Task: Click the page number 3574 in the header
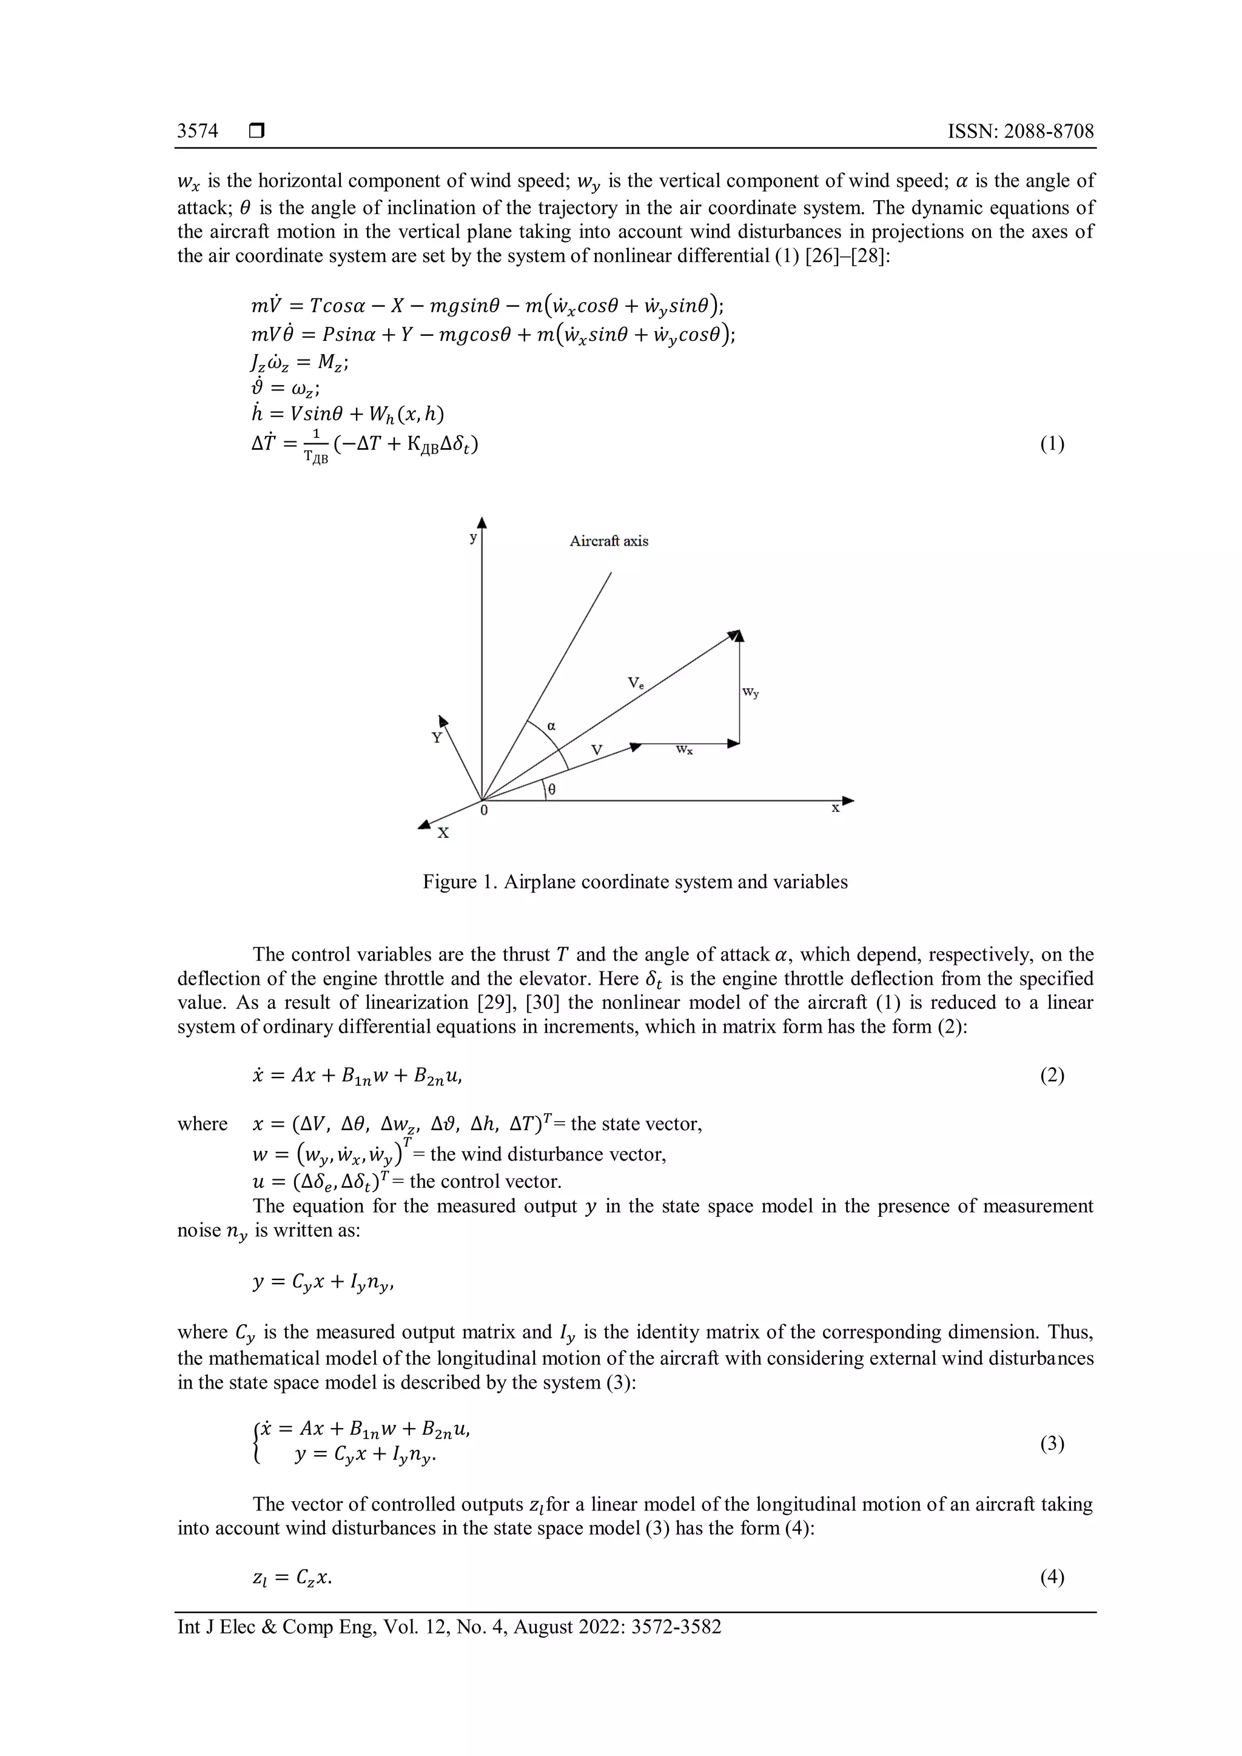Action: pyautogui.click(x=197, y=132)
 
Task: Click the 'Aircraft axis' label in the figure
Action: pyautogui.click(x=609, y=541)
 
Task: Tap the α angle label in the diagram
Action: pyautogui.click(x=551, y=725)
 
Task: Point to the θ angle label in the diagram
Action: pyautogui.click(x=551, y=790)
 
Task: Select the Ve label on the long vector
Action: pyautogui.click(x=636, y=682)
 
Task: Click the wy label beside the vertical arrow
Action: pyautogui.click(x=751, y=692)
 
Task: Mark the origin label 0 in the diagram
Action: pyautogui.click(x=483, y=810)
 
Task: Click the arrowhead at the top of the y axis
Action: pyautogui.click(x=482, y=523)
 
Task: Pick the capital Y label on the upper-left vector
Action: pyautogui.click(x=437, y=738)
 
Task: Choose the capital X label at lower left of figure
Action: pyautogui.click(x=443, y=833)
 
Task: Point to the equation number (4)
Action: pyautogui.click(x=1052, y=1577)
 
